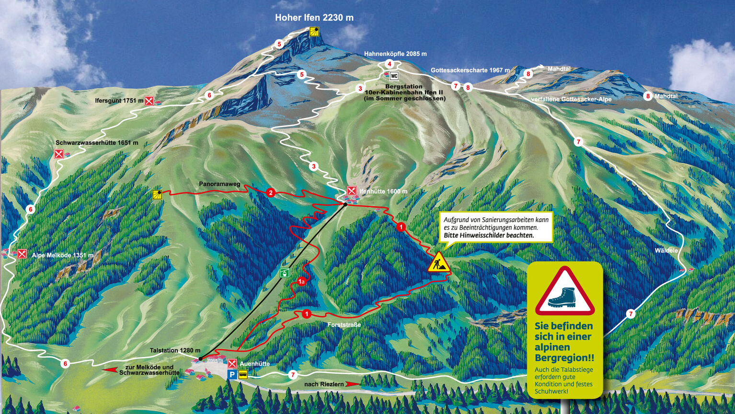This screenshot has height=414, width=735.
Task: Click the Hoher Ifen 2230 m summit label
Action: pyautogui.click(x=314, y=18)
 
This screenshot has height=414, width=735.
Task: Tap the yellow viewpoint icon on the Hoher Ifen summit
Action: pyautogui.click(x=314, y=32)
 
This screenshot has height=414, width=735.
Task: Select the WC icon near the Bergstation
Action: pyautogui.click(x=394, y=76)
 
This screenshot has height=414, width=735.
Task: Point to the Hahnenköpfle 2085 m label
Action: pyautogui.click(x=395, y=54)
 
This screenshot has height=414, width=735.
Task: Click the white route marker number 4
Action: pyautogui.click(x=390, y=64)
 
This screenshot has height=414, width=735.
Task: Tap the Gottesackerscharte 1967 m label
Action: pyautogui.click(x=470, y=70)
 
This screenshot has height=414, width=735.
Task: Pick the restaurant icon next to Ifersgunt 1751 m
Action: pyautogui.click(x=149, y=101)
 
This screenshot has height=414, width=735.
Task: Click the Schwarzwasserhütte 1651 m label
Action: pyautogui.click(x=97, y=142)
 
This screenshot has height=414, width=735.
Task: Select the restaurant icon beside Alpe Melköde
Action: pyautogui.click(x=22, y=254)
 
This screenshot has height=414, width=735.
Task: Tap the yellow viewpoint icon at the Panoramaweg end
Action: pyautogui.click(x=157, y=194)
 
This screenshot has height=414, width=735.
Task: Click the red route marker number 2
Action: pyautogui.click(x=271, y=193)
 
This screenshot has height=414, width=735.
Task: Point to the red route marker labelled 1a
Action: pyautogui.click(x=301, y=282)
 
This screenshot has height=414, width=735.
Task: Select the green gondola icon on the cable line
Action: pyautogui.click(x=285, y=273)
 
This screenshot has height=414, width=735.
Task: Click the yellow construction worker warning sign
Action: pyautogui.click(x=438, y=263)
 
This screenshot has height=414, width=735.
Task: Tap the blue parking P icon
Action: pyautogui.click(x=232, y=375)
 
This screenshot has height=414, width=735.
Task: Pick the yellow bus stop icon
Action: pyautogui.click(x=243, y=375)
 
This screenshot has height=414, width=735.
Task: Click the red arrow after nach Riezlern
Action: pyautogui.click(x=353, y=384)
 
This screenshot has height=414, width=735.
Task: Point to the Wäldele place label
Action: pyautogui.click(x=666, y=250)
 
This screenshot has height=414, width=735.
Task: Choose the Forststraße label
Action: pyautogui.click(x=344, y=325)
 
